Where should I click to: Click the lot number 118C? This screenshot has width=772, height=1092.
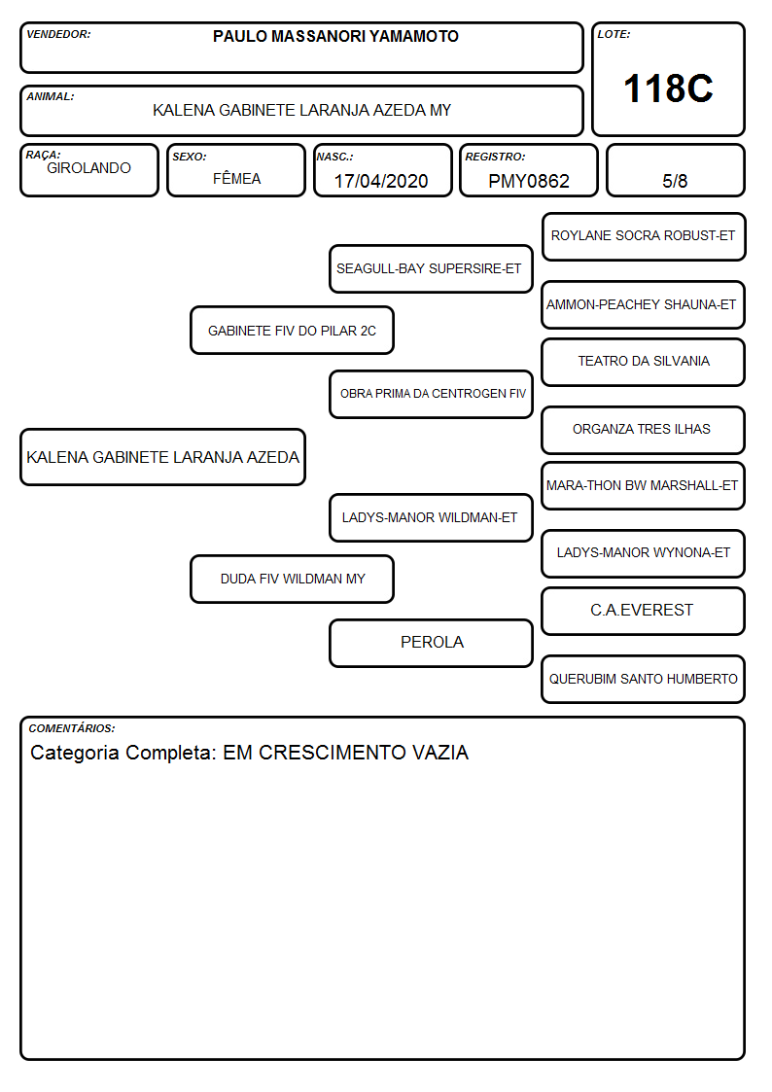(x=668, y=88)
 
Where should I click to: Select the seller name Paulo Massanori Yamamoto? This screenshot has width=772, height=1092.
(x=335, y=36)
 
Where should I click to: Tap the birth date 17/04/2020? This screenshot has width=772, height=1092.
(x=381, y=181)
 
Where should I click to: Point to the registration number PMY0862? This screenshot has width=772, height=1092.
(x=528, y=181)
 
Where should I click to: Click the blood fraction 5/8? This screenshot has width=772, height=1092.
(x=675, y=181)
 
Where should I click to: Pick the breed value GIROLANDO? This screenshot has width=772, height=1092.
(x=88, y=168)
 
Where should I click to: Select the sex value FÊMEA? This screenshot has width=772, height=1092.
(x=236, y=178)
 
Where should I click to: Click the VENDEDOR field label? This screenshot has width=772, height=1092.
(x=58, y=34)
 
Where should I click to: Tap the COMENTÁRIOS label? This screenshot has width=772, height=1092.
(x=72, y=727)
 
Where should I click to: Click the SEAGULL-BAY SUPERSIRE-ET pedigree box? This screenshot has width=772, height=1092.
(x=431, y=268)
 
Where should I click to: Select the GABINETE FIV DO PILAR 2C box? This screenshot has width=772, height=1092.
(x=293, y=330)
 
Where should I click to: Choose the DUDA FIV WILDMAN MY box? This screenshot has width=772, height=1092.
(x=293, y=579)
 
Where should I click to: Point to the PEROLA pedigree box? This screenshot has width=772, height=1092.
(x=431, y=643)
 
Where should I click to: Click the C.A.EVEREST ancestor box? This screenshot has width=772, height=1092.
(x=644, y=611)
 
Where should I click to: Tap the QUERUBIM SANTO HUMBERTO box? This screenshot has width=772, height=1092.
(x=644, y=679)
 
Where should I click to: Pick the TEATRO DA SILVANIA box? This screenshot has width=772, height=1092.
(x=644, y=362)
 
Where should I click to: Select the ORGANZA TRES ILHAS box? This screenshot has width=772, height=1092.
(x=644, y=430)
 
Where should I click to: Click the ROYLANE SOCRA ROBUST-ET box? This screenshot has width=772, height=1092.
(x=644, y=237)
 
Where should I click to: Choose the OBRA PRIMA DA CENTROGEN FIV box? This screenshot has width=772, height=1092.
(x=431, y=394)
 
